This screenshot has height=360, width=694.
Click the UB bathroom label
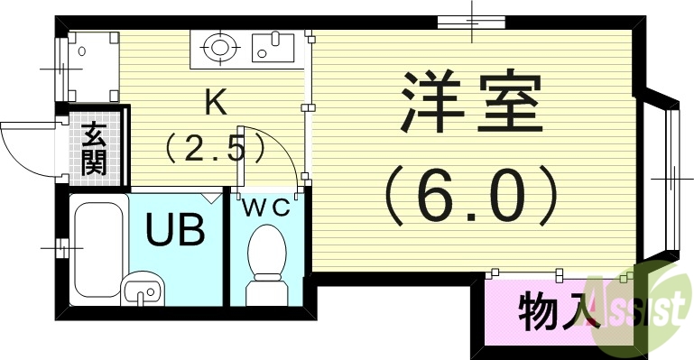click(175, 229)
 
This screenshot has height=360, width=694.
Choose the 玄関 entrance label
click(94, 149)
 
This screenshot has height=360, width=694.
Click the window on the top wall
click(471, 22)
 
